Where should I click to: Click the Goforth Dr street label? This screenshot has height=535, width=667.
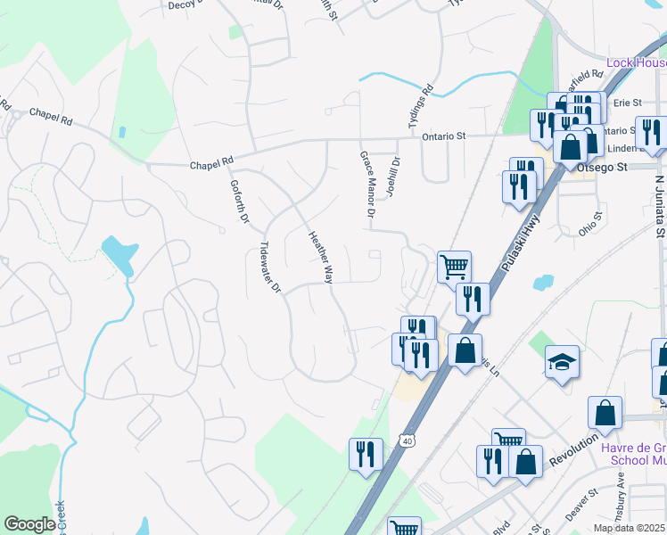pyautogui.click(x=235, y=194)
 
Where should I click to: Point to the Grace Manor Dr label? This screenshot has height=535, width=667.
pyautogui.click(x=366, y=185)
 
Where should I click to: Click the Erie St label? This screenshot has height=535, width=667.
pyautogui.click(x=628, y=103)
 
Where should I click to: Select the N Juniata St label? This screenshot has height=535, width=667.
pyautogui.click(x=659, y=206)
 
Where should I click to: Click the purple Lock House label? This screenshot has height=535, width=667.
pyautogui.click(x=636, y=62)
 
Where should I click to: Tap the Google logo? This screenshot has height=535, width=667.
pyautogui.click(x=29, y=524)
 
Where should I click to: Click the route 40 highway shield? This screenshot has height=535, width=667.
pyautogui.click(x=408, y=440)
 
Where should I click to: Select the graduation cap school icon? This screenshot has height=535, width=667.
pyautogui.click(x=563, y=361)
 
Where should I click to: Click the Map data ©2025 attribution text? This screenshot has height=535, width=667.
pyautogui.click(x=630, y=528)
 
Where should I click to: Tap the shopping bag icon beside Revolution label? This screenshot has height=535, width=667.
pyautogui.click(x=605, y=413)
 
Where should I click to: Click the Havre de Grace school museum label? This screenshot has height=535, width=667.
pyautogui.click(x=635, y=454)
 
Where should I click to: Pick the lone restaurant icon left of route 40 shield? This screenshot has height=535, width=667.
pyautogui.click(x=366, y=453)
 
